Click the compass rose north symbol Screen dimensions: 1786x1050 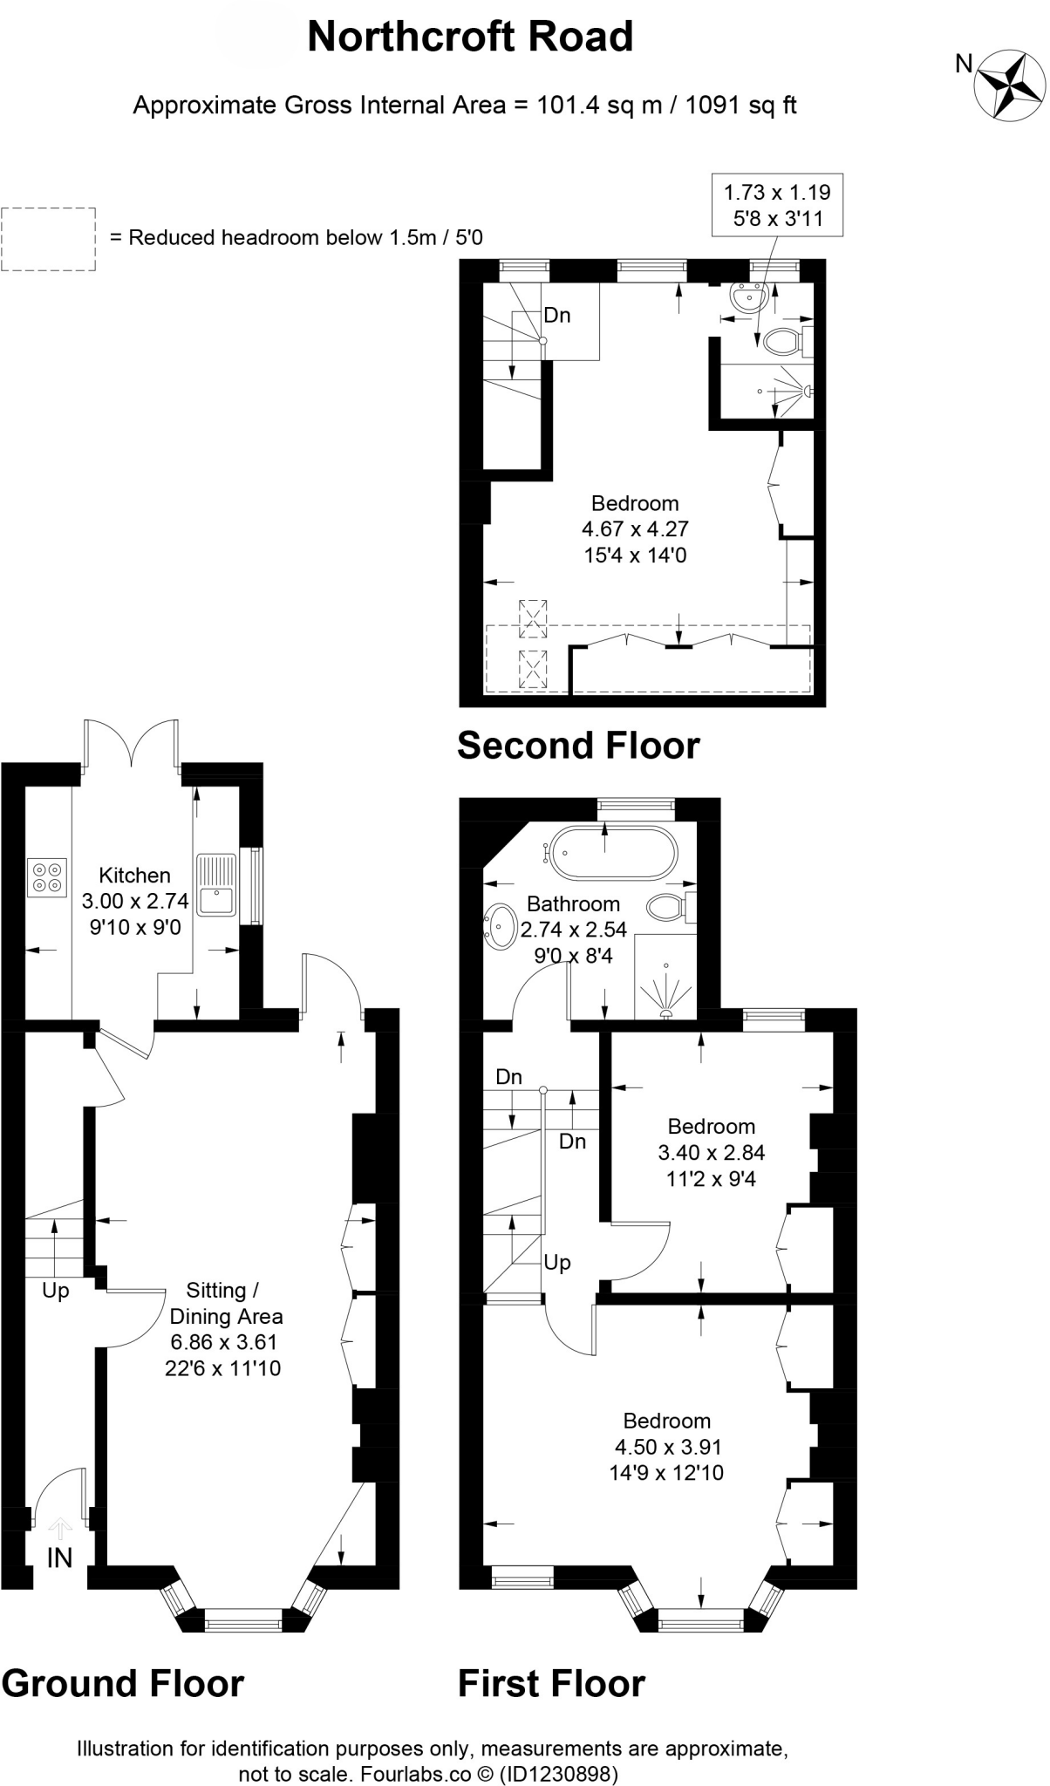point(1010,85)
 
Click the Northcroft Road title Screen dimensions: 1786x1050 point(470,37)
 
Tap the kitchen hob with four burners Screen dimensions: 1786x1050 point(47,876)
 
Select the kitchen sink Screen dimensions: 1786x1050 point(215,884)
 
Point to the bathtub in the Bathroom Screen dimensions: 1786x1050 point(612,852)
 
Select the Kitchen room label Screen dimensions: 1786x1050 point(134,875)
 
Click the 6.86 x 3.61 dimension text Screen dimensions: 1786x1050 point(222,1342)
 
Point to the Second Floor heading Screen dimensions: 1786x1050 point(578,746)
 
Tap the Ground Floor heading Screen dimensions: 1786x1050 point(123,1683)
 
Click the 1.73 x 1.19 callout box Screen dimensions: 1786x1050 point(777,205)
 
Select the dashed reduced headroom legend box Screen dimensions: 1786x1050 point(48,238)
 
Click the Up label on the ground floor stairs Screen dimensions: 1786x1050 point(55,1290)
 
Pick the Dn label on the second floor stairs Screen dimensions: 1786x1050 point(557,315)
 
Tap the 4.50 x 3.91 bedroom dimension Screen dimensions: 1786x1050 point(668,1447)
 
